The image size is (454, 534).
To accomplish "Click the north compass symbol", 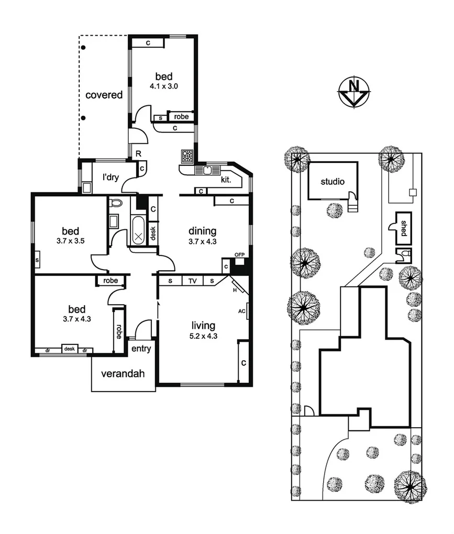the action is point(354,93).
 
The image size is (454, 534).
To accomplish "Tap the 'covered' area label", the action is point(104,95).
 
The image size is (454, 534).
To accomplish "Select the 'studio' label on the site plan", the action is point(333,182).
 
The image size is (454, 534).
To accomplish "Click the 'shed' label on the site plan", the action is point(403,228).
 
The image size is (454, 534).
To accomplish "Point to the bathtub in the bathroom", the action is point(138,230).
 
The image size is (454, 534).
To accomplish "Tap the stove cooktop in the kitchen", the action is point(187,155).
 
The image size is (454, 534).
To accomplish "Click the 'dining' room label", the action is point(203,230).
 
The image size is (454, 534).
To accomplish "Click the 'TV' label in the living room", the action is point(193,281).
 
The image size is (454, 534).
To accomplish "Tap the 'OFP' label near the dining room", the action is point(240,254).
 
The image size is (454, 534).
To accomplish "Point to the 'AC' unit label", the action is point(242,311).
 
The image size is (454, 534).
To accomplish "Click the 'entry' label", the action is point(140,349).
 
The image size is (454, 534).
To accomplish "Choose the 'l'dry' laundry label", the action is point(110,177).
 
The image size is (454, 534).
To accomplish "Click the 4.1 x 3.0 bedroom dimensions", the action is point(162,87).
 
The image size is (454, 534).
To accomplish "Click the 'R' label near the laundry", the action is point(139,153).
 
